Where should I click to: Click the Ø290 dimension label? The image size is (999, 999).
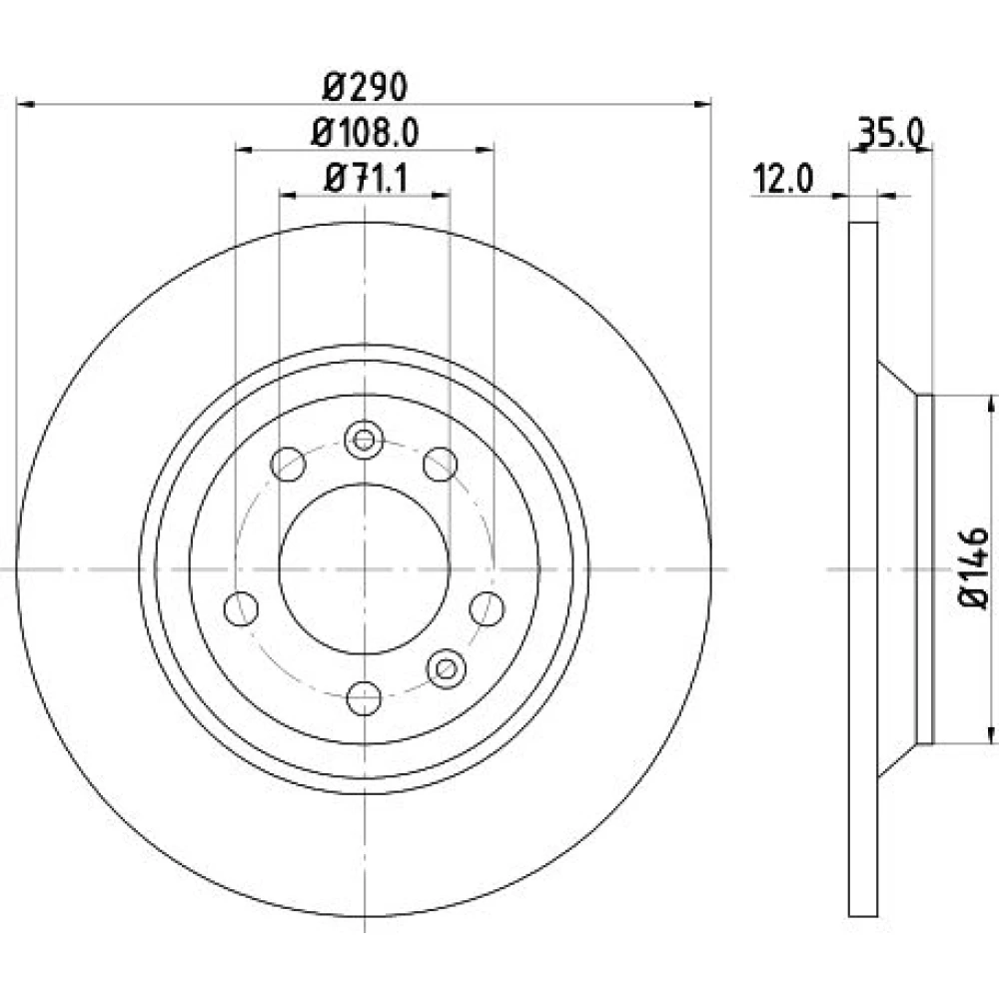(365, 87)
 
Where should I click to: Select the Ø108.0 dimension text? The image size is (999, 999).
(365, 133)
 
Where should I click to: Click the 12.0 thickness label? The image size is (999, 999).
(783, 179)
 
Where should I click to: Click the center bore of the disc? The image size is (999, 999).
(365, 569)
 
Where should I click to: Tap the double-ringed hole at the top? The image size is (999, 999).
(364, 440)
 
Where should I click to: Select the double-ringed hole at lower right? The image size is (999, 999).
(446, 669)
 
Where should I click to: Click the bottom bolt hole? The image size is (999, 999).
(364, 698)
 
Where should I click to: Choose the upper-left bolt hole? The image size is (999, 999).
(288, 464)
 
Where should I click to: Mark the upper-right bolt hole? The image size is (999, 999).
(441, 464)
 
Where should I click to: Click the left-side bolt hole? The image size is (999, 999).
(242, 608)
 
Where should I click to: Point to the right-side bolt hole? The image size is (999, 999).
(488, 608)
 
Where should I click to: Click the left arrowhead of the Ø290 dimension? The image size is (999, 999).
(25, 104)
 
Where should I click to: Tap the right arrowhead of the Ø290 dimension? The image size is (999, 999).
(702, 104)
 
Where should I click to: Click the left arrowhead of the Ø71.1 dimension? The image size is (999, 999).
(289, 195)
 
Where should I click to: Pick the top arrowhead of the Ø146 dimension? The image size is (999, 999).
(991, 405)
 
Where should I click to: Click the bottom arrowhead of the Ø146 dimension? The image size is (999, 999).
(991, 734)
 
